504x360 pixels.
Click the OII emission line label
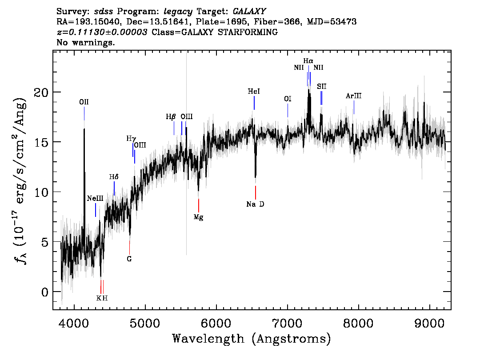84,102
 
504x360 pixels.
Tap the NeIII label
95,198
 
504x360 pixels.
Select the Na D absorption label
255,204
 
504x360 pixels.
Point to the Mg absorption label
198,217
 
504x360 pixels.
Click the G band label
129,259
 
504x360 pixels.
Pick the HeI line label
254,91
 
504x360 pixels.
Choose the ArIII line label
354,96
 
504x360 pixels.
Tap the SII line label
321,87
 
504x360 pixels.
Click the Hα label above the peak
308,61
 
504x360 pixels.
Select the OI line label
288,99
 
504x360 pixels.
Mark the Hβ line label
171,116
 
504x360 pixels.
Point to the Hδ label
114,177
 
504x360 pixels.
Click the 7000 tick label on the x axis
288,323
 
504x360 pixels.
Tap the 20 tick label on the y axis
41,92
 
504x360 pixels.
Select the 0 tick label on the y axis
45,292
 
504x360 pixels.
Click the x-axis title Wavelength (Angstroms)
252,339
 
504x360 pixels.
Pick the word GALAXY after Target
249,12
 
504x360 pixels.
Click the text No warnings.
85,42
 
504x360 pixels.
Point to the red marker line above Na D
256,192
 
